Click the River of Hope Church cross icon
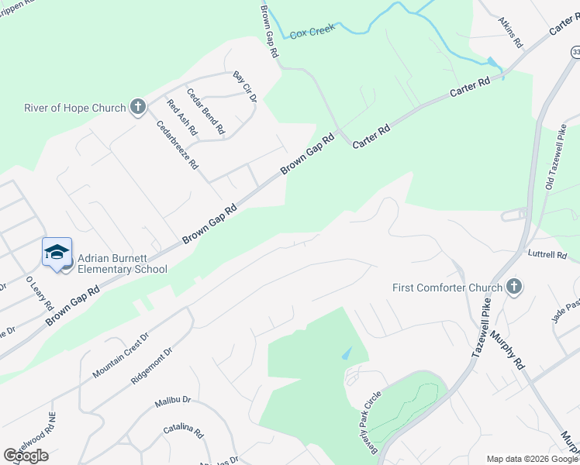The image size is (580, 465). [138, 108]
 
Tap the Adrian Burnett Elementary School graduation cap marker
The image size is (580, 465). [57, 253]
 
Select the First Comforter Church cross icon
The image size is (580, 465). [513, 288]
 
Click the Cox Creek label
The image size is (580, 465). [312, 31]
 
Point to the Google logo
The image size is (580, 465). [26, 455]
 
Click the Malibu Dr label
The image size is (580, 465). [172, 402]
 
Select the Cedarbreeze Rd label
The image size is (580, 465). [178, 145]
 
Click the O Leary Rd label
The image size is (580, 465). [38, 291]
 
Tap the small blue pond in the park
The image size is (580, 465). [347, 353]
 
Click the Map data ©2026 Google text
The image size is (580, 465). [532, 459]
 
